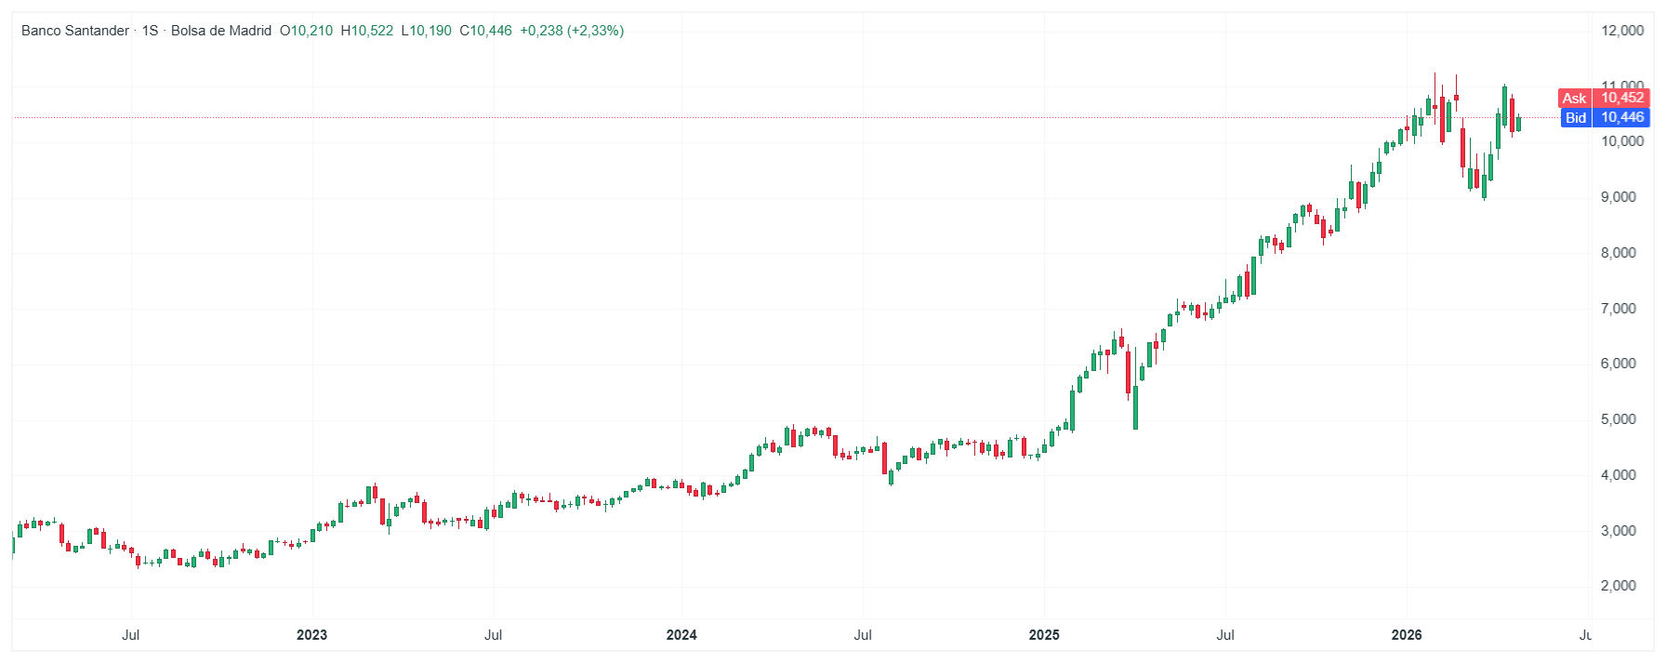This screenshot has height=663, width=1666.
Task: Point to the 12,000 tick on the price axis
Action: [1621, 31]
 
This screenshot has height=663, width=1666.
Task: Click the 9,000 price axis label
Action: [1618, 197]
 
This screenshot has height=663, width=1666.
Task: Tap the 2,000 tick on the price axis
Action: [1618, 586]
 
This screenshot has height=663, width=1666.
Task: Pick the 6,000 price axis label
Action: [1618, 364]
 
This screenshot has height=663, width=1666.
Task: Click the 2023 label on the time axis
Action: [311, 635]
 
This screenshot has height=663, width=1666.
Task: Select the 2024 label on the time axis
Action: [681, 635]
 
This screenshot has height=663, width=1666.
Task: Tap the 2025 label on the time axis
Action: [1044, 635]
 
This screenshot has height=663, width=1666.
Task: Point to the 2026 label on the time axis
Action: [1406, 635]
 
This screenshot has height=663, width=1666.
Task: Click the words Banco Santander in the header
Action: [75, 31]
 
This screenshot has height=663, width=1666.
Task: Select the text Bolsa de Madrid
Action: [221, 31]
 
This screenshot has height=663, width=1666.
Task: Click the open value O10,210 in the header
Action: [306, 31]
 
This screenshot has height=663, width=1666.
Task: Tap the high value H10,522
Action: [367, 31]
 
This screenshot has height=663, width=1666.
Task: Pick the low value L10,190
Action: [427, 31]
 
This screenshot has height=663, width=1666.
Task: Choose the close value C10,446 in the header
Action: [486, 31]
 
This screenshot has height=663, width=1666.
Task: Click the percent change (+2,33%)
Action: [595, 31]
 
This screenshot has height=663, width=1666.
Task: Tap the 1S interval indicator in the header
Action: [150, 31]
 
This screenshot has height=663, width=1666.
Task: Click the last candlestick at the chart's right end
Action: [1518, 124]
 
